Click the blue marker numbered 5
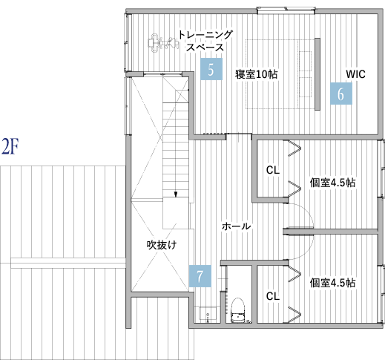[211, 70]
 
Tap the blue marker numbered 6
[340, 94]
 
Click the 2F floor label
[10, 145]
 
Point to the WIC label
[355, 74]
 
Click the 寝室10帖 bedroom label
[256, 74]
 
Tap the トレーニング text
[205, 34]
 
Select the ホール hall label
[236, 226]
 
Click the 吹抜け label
[160, 243]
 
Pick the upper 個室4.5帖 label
[332, 183]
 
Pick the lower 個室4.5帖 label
[332, 282]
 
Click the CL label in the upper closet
[272, 170]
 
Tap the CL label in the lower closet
[272, 296]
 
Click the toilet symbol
[238, 311]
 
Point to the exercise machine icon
[159, 43]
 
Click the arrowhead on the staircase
[176, 196]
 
